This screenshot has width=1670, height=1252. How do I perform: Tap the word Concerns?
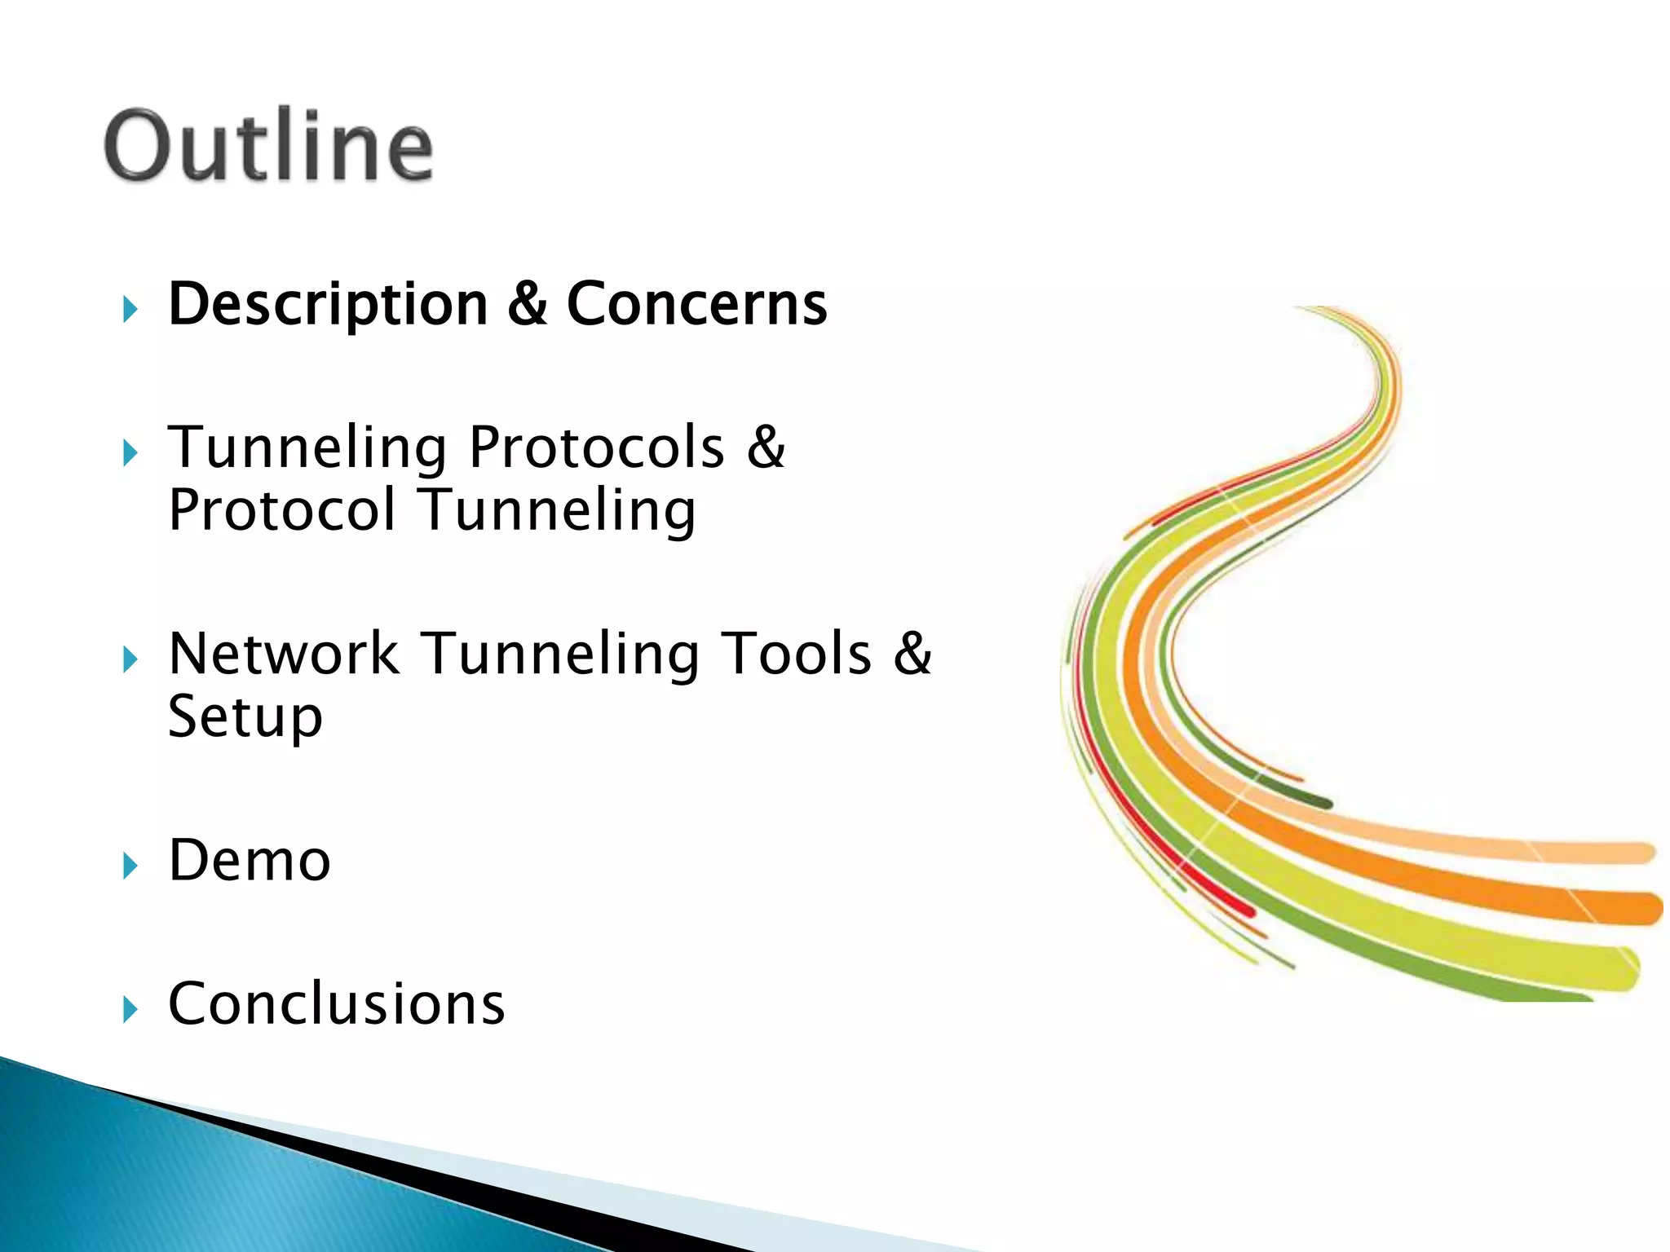696,304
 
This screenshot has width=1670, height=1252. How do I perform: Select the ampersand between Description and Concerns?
527,304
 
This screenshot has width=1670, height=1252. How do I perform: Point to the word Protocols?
596,447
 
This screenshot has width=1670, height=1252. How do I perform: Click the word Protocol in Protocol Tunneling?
281,510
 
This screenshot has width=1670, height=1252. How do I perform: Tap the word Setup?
245,717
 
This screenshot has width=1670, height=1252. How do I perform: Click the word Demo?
249,861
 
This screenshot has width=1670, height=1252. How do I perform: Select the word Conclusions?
336,1003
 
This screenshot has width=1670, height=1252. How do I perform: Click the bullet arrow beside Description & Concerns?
130,309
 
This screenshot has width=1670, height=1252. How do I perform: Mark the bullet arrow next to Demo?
130,866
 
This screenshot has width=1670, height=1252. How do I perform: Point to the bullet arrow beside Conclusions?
130,1009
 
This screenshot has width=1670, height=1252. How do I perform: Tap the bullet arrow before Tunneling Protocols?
130,452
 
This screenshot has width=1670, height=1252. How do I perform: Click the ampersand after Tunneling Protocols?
766,447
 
